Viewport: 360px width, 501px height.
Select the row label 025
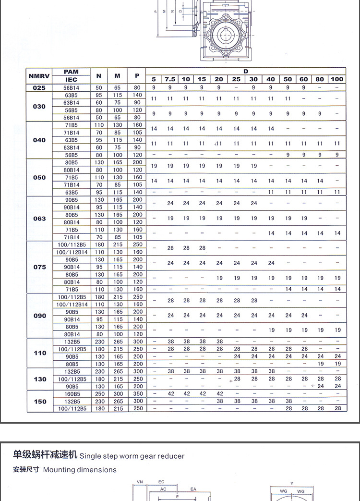pyautogui.click(x=39, y=88)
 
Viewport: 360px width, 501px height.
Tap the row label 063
pyautogui.click(x=39, y=219)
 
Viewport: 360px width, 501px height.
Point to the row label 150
pyautogui.click(x=40, y=402)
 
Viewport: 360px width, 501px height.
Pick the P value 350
pyautogui.click(x=138, y=394)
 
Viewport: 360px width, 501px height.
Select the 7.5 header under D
pyautogui.click(x=170, y=79)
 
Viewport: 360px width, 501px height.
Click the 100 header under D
pyautogui.click(x=337, y=79)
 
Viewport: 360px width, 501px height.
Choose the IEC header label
pyautogui.click(x=71, y=79)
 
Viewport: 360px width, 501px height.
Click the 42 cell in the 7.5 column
pyautogui.click(x=170, y=394)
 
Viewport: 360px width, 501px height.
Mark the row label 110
pyautogui.click(x=40, y=353)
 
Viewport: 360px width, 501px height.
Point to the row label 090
pyautogui.click(x=40, y=316)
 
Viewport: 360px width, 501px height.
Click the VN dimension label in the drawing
pyautogui.click(x=140, y=482)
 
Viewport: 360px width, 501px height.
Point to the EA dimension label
pyautogui.click(x=193, y=489)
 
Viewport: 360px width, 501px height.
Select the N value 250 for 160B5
pyautogui.click(x=99, y=394)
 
